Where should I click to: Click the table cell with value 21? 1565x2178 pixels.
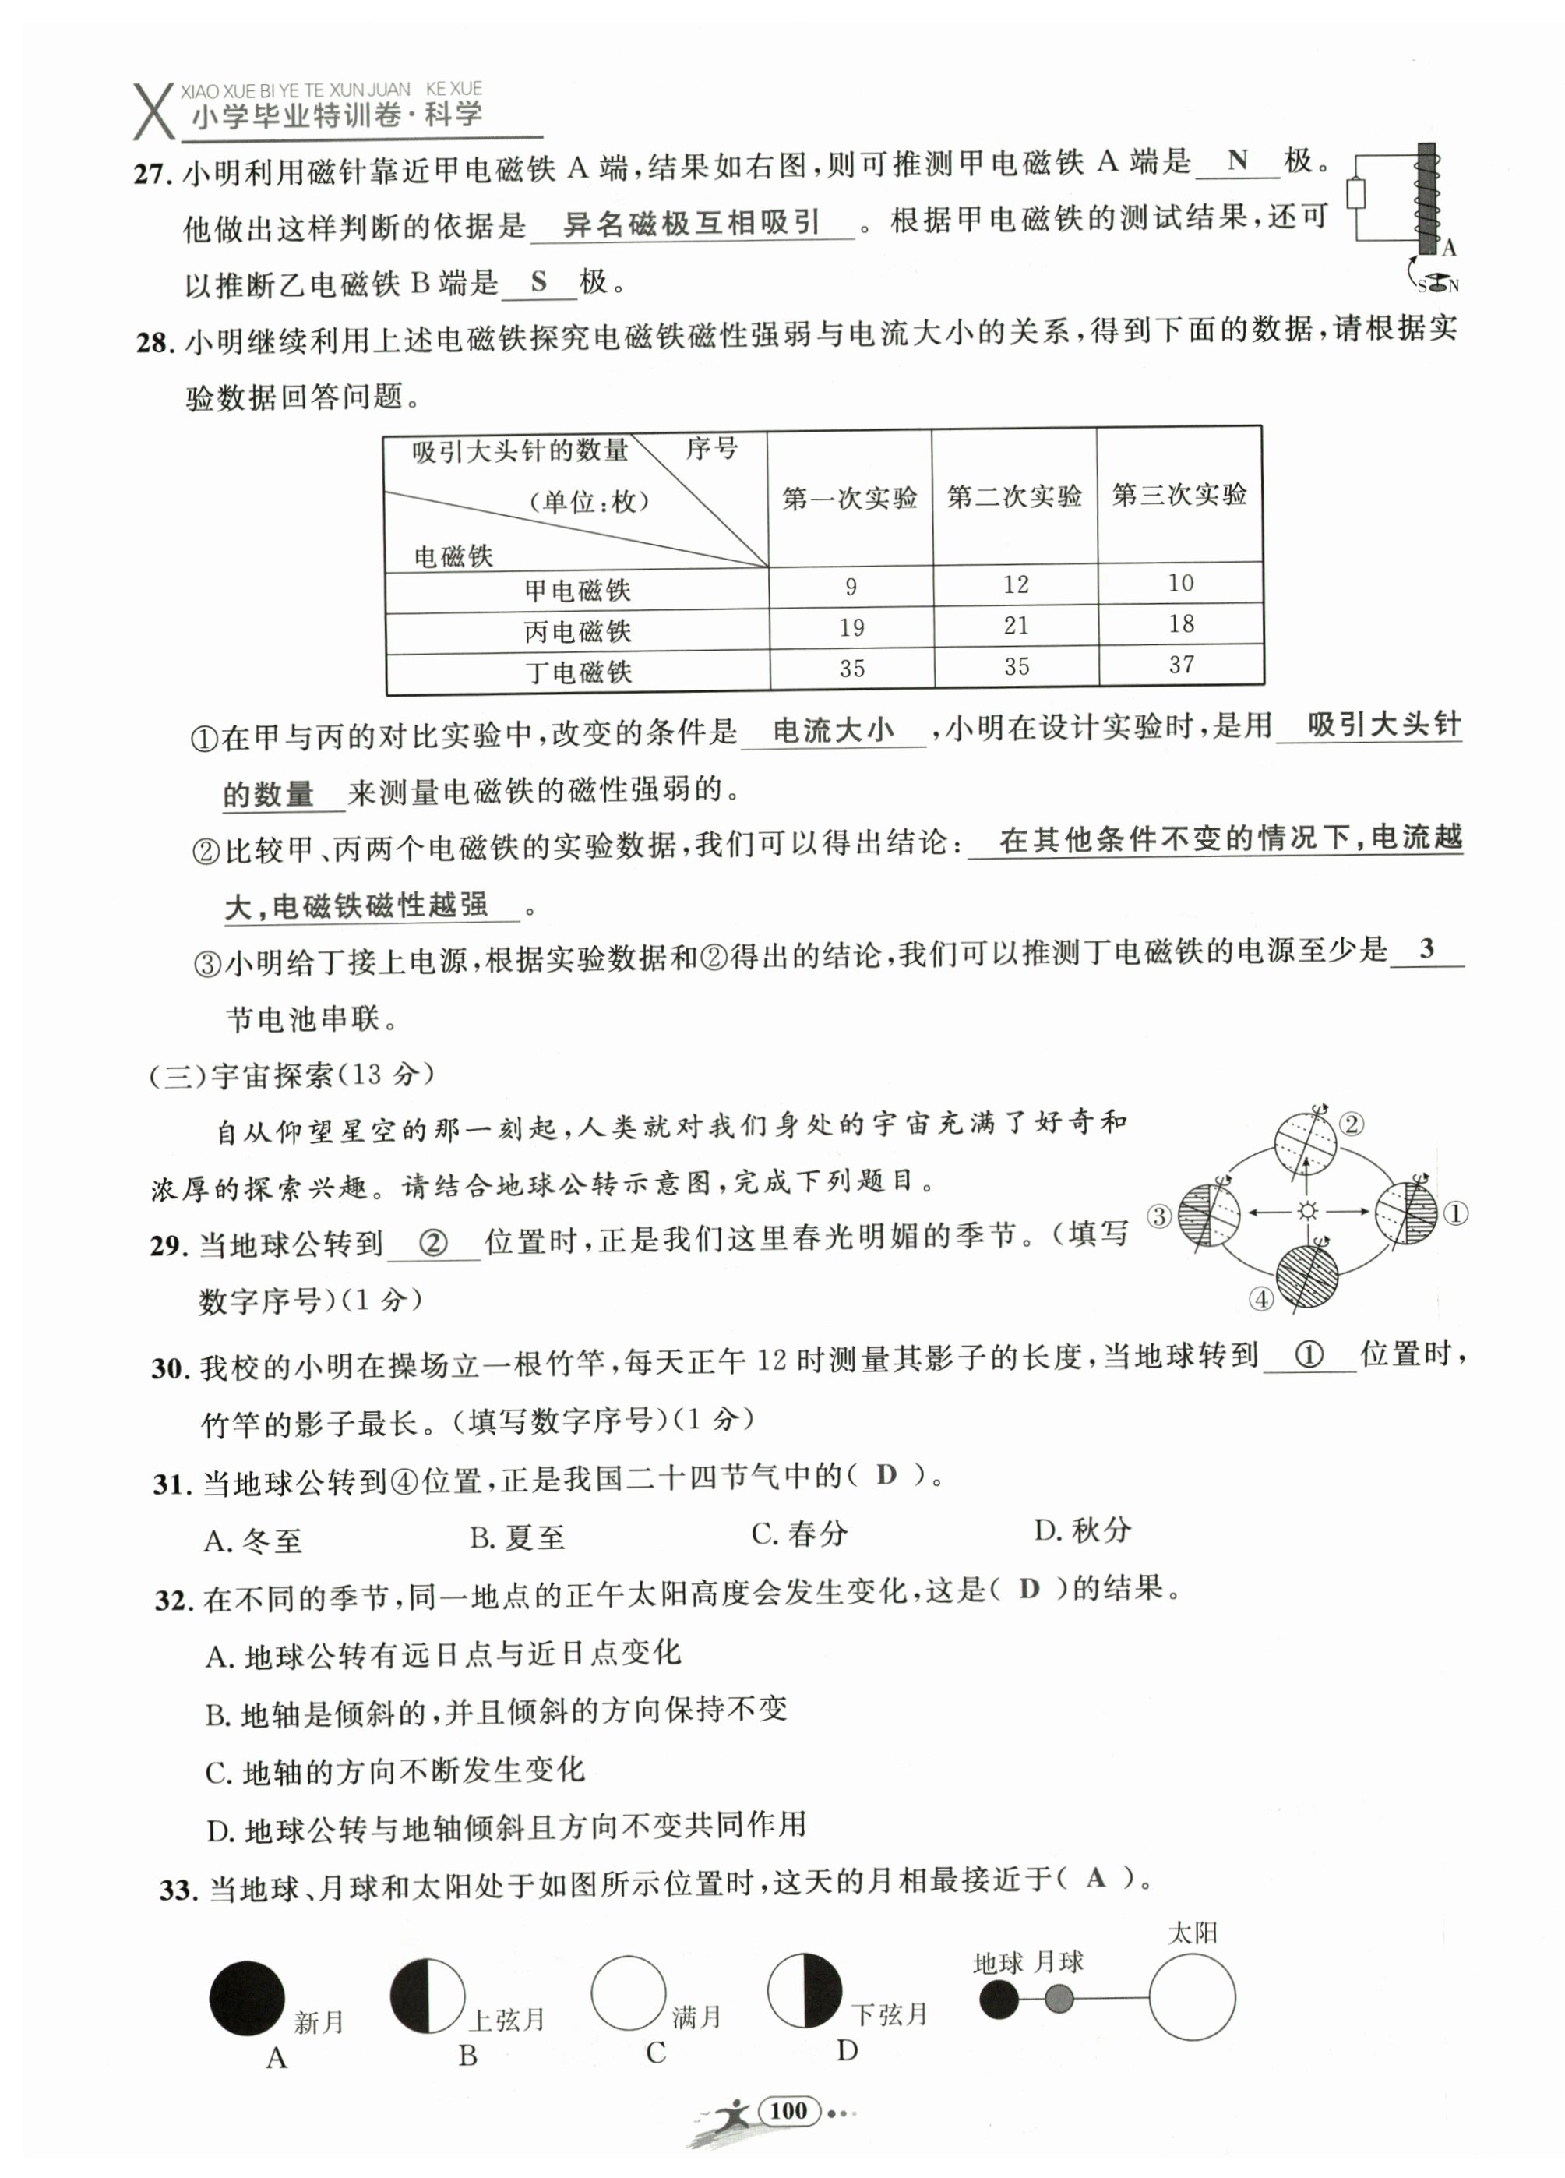click(1015, 627)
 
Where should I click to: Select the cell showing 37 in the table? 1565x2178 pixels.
click(1180, 665)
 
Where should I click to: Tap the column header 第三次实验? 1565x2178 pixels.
click(1179, 495)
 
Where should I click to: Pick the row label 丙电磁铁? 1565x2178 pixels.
click(577, 631)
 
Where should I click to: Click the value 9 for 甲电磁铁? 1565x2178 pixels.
click(850, 587)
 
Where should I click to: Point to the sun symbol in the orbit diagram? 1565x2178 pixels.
click(1306, 1211)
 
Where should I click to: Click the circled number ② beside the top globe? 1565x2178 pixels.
click(1352, 1124)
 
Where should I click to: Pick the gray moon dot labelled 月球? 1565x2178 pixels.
click(1058, 1999)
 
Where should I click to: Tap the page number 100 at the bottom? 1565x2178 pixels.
click(788, 2110)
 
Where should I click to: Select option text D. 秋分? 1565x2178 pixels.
click(1082, 1530)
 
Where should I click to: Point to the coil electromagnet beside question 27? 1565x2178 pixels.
click(1427, 199)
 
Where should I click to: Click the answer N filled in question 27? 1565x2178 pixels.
click(1238, 161)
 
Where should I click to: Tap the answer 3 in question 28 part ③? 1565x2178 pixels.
click(1427, 949)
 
